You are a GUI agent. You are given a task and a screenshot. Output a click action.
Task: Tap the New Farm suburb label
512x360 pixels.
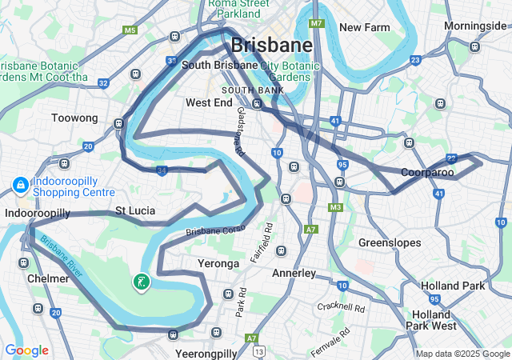[364, 27]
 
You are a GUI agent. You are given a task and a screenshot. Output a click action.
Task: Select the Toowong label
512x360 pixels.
[74, 118]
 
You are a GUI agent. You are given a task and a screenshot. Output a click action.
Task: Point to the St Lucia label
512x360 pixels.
[135, 210]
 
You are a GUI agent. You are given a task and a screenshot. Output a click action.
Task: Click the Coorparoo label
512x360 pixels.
[427, 172]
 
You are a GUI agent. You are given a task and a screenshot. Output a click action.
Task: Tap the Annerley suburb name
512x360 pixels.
[294, 273]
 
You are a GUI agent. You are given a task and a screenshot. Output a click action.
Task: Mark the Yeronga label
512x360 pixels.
[218, 263]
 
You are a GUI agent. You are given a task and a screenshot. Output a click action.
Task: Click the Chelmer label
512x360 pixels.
[48, 278]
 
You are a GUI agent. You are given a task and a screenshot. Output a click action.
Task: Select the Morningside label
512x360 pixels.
[475, 26]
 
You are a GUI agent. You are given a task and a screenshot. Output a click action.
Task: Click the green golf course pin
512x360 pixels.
[141, 282]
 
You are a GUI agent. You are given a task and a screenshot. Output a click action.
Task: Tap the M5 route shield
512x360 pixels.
[130, 30]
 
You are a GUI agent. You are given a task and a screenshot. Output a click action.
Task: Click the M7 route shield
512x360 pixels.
[317, 23]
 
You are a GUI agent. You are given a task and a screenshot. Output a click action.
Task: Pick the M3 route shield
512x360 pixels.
[335, 207]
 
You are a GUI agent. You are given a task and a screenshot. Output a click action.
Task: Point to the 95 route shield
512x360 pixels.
[342, 164]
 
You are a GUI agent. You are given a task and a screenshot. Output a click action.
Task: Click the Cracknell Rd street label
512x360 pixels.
[340, 307]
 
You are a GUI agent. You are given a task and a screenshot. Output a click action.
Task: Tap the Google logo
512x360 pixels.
[26, 350]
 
